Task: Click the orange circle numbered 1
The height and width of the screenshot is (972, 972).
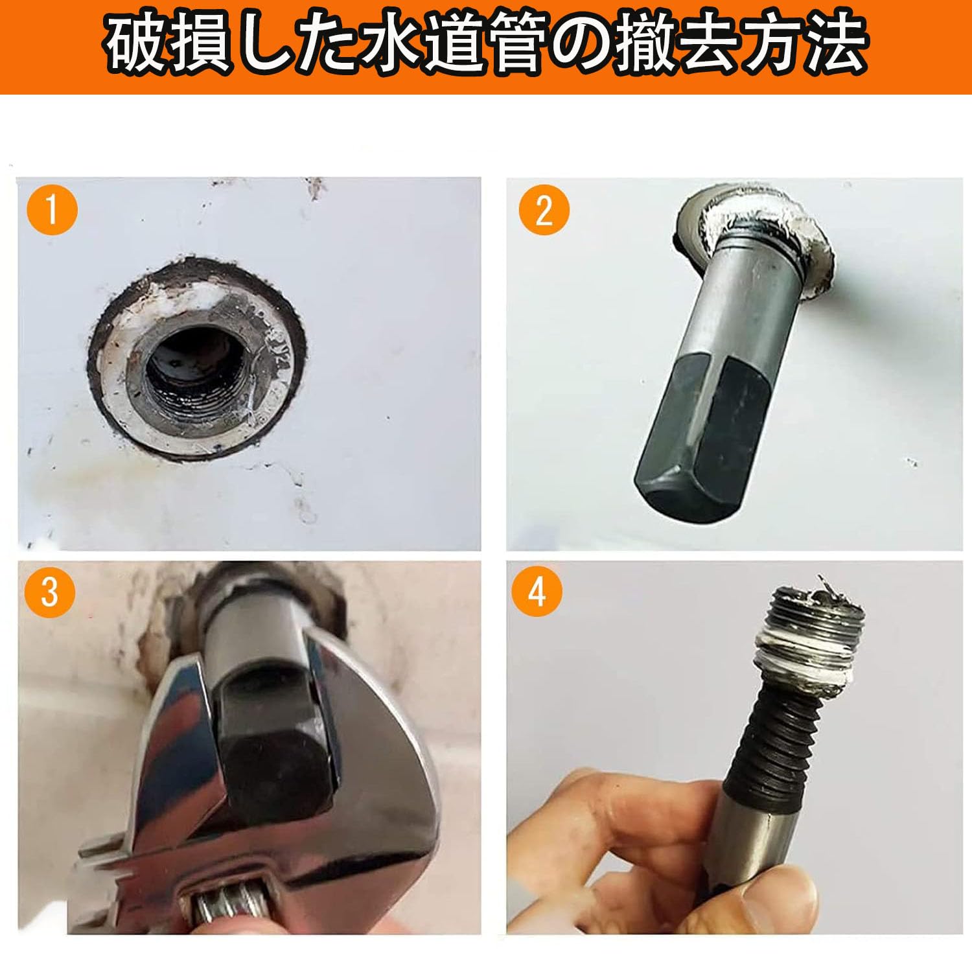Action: tap(52, 211)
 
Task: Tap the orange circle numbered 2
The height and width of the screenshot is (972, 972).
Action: tap(544, 211)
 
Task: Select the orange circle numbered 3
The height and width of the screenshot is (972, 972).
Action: tap(50, 592)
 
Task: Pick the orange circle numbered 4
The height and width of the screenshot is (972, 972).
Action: tap(537, 592)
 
